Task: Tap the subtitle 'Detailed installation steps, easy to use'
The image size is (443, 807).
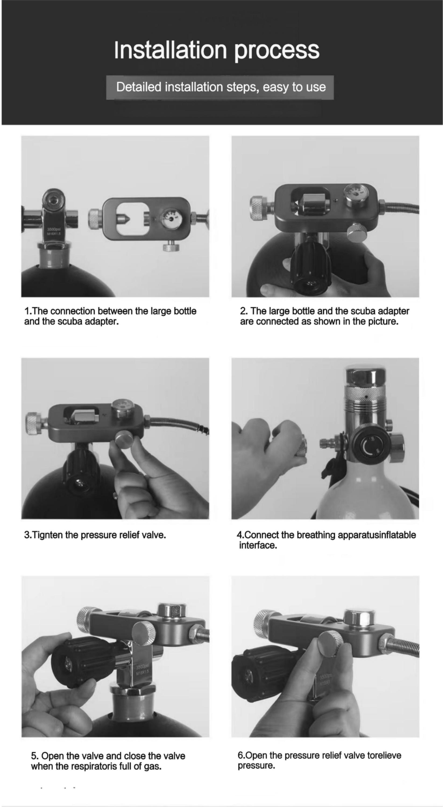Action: [x=221, y=87]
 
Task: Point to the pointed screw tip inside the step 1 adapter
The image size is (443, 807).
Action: [x=127, y=218]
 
